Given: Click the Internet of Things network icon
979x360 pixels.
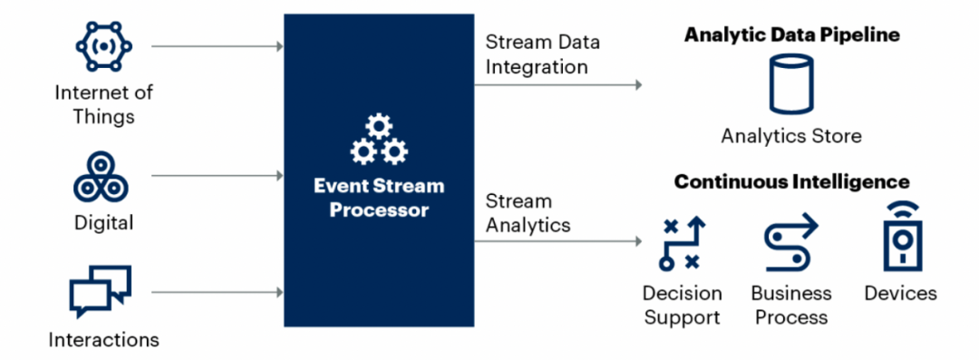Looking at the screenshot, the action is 103,46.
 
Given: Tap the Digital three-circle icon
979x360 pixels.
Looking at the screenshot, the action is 101,177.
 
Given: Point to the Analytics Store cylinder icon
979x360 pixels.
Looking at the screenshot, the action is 791,83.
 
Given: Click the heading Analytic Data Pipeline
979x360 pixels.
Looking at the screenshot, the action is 791,35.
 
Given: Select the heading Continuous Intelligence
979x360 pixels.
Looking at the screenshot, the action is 791,182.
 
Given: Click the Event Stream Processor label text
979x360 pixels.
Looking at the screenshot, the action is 378,198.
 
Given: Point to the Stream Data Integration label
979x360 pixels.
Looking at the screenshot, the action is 543,54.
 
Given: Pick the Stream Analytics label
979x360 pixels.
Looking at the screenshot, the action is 528,213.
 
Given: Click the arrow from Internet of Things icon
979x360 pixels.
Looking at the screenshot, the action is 218,46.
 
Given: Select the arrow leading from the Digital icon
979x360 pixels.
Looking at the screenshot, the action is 218,176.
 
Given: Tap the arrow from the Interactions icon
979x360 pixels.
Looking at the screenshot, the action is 218,292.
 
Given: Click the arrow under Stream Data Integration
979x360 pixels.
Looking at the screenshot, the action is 558,84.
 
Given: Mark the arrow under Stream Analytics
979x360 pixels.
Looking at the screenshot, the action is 558,240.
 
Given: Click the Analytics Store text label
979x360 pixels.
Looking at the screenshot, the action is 791,136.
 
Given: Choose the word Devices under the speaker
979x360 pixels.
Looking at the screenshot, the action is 900,293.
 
